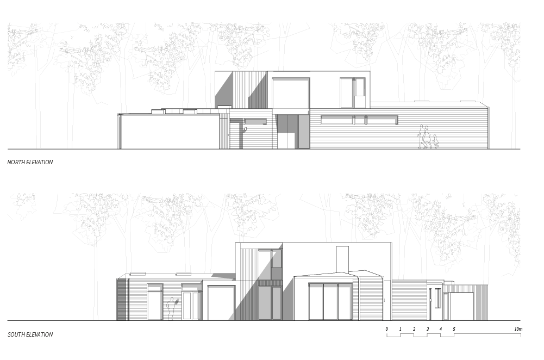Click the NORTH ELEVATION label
click(x=30, y=162)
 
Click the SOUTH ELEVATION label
click(x=30, y=334)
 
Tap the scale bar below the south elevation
click(x=453, y=335)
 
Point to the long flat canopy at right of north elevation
click(x=359, y=117)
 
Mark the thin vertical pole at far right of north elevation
click(x=487, y=128)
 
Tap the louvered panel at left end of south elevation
click(x=122, y=299)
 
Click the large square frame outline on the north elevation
click(x=291, y=95)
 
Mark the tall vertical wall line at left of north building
click(x=120, y=132)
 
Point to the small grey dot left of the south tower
click(x=176, y=301)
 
